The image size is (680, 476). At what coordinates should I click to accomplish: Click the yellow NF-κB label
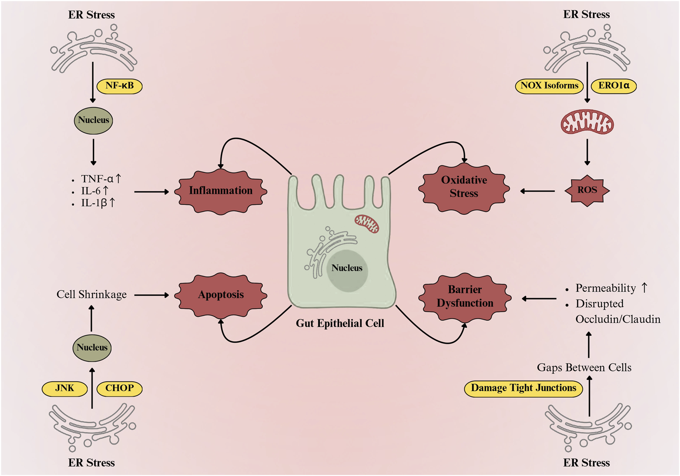pos(119,86)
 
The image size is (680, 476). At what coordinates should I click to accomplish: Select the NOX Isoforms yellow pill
pos(549,86)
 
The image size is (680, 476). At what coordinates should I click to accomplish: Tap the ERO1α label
pos(614,86)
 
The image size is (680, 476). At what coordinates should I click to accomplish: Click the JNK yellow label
pos(65,388)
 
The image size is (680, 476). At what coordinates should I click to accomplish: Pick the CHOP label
pos(119,388)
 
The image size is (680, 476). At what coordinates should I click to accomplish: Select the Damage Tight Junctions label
pos(523,388)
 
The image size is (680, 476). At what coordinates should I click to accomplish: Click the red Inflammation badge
pos(220,191)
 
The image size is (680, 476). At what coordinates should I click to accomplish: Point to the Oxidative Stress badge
pos(464,187)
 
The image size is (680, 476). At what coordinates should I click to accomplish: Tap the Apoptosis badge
pos(220,295)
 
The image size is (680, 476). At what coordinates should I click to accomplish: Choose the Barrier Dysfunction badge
pos(465,297)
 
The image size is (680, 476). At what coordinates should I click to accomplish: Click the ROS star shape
pos(587,190)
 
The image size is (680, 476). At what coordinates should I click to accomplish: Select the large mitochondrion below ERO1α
pos(587,122)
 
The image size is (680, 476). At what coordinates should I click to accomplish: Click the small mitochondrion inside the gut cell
pos(367,224)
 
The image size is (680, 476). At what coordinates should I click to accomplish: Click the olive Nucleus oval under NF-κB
pos(93,120)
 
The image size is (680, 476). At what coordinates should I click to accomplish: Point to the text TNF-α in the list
pos(97,179)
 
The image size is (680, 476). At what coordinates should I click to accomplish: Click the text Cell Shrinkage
pos(91,295)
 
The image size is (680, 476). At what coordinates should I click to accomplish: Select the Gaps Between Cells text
pos(584,368)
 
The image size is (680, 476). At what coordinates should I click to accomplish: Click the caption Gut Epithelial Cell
pos(340,323)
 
